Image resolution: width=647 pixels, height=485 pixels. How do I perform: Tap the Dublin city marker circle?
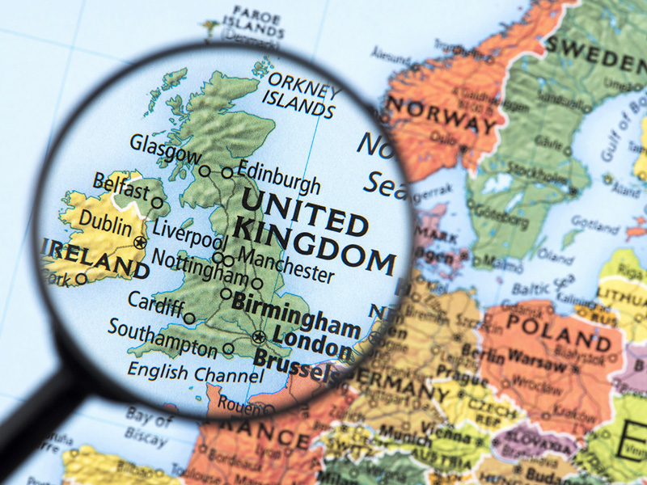click(141, 242)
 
